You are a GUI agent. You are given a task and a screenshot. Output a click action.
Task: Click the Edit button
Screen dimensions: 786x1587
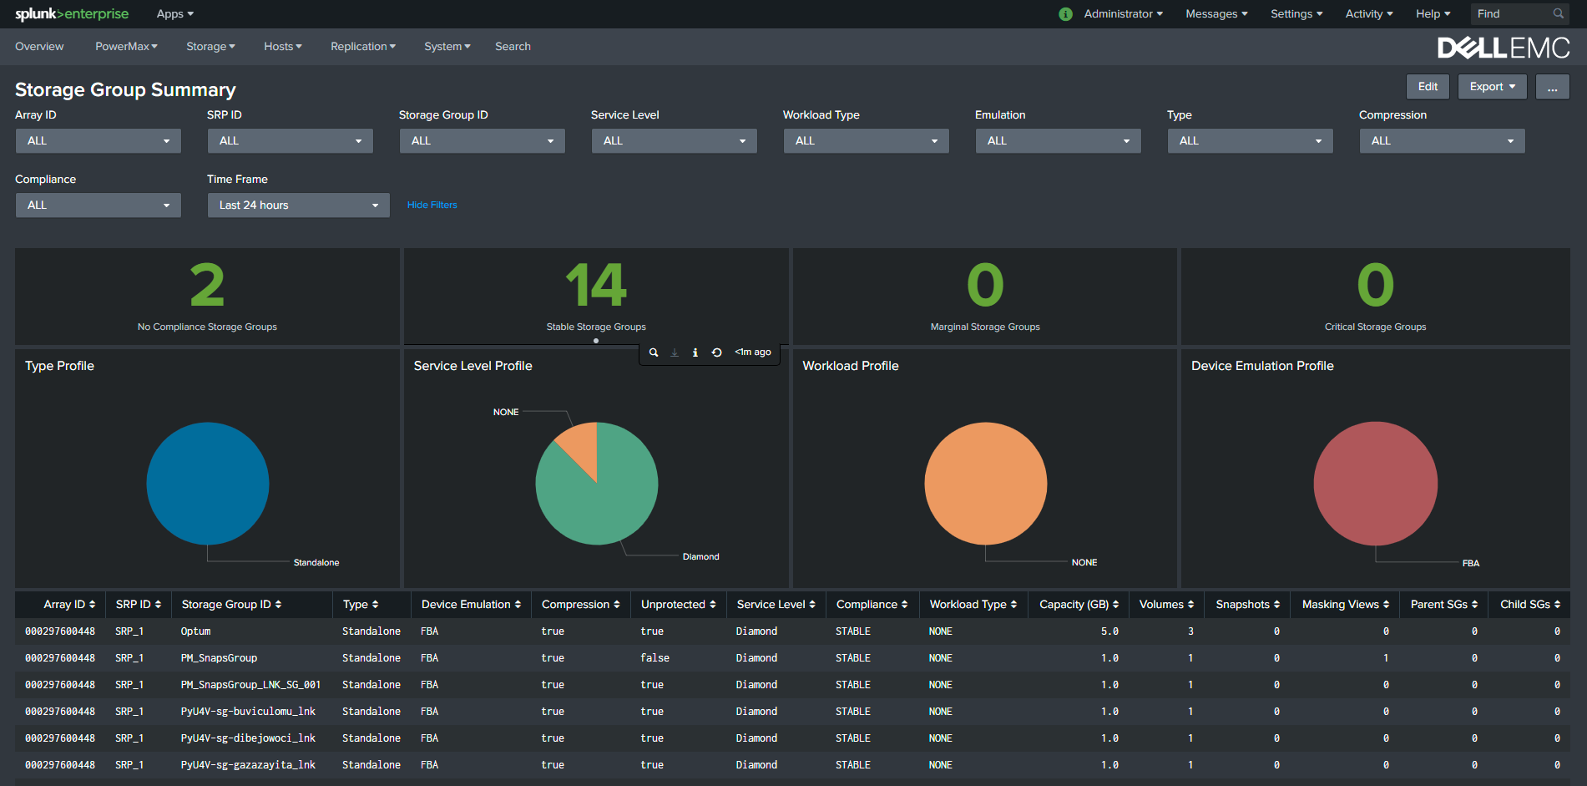click(x=1428, y=87)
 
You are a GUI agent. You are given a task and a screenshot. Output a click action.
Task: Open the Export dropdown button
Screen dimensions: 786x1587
click(x=1492, y=87)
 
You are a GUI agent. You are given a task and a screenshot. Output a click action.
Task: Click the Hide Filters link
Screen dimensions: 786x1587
click(x=432, y=205)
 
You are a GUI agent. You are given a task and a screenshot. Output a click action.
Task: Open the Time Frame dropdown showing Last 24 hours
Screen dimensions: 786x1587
click(x=298, y=205)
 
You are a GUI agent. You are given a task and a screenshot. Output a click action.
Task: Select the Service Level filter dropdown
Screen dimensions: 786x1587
click(x=674, y=141)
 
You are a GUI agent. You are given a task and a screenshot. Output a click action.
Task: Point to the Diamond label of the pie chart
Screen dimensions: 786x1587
click(x=700, y=557)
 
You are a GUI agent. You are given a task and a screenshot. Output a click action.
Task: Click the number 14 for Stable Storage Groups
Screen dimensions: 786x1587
click(x=596, y=286)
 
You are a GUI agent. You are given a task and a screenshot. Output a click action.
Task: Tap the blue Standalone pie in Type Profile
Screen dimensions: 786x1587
click(x=208, y=484)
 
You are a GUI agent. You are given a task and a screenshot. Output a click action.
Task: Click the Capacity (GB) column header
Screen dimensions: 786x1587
click(x=1078, y=605)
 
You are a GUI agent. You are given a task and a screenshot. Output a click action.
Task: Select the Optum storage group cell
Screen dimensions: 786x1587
click(x=196, y=631)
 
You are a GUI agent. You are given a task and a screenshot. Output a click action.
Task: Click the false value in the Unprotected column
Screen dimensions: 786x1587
click(x=655, y=658)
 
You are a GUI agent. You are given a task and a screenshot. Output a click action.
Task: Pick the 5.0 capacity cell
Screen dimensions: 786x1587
click(x=1109, y=631)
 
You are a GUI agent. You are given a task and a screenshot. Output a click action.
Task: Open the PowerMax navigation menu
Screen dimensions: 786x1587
click(x=126, y=47)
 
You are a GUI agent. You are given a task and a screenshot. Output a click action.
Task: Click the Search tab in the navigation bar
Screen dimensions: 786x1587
click(x=513, y=47)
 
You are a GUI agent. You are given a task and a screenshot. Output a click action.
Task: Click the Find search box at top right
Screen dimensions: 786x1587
click(x=1511, y=14)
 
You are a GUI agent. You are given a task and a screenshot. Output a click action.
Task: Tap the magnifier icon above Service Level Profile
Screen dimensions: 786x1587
click(x=654, y=352)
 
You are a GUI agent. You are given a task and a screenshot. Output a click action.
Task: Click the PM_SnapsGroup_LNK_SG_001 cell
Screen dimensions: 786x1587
click(x=250, y=685)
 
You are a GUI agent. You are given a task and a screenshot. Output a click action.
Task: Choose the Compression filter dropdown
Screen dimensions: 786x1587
click(x=1442, y=141)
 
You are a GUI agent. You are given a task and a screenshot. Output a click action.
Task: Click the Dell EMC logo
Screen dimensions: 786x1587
click(x=1503, y=48)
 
